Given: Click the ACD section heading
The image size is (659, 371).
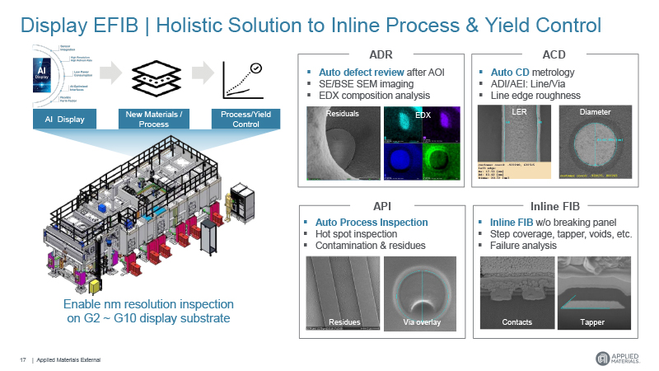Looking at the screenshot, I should (x=553, y=54).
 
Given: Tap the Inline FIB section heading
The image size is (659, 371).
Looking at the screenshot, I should (x=553, y=206).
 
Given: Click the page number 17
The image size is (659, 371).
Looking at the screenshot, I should (x=23, y=359).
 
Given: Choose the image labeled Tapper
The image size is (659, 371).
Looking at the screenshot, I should (x=592, y=294).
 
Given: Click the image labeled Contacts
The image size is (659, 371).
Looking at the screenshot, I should (x=516, y=294).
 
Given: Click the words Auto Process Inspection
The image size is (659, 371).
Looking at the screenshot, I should (x=372, y=223).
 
